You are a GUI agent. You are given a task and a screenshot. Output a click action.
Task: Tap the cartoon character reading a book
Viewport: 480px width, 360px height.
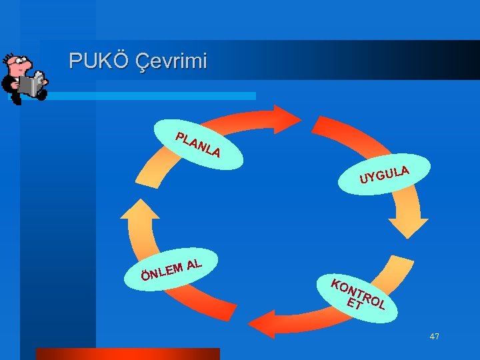point(24,77)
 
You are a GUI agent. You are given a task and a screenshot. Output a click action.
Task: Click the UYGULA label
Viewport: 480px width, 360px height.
point(384,173)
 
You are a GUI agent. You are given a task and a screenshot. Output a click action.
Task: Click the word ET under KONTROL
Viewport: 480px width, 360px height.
point(355,305)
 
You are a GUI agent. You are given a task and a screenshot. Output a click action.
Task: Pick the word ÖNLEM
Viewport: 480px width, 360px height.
point(162,271)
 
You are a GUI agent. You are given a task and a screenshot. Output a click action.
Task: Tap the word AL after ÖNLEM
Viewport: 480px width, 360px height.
point(195,263)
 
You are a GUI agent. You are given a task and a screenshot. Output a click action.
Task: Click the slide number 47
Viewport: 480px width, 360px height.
point(434,337)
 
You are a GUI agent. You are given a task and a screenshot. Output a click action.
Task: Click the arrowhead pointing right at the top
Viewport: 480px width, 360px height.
point(287,119)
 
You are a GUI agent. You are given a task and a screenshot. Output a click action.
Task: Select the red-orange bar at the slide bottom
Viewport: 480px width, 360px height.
point(127,353)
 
